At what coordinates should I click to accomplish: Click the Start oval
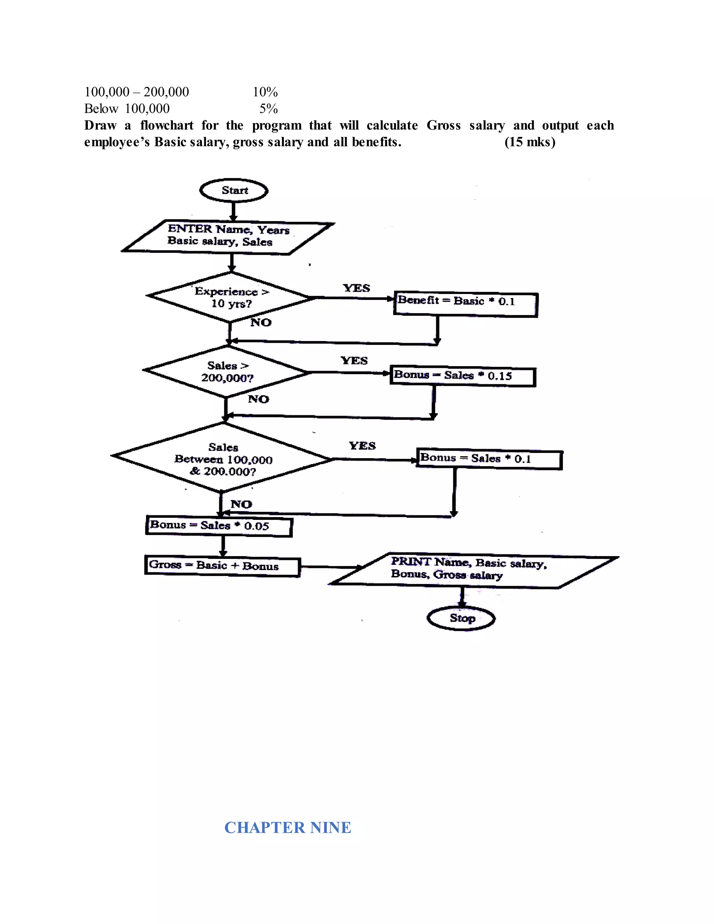coord(234,191)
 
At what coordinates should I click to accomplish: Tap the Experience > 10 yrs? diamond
coord(230,297)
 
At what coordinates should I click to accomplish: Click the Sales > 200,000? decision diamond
coord(227,371)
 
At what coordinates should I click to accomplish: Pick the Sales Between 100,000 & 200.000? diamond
coord(223,459)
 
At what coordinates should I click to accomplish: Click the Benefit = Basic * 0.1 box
coord(465,304)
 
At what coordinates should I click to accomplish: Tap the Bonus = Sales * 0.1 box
coord(489,460)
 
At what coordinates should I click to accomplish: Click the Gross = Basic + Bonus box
coord(222,567)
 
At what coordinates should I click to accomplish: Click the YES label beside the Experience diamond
coord(356,288)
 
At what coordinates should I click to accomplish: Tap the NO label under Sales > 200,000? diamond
coord(258,399)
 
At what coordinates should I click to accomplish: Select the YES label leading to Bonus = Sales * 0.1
coord(362,446)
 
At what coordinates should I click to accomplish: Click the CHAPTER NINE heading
coord(287,827)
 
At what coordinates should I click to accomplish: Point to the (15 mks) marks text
coord(530,142)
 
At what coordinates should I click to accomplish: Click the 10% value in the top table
coord(265,92)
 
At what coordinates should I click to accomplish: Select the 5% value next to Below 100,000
coord(268,109)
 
